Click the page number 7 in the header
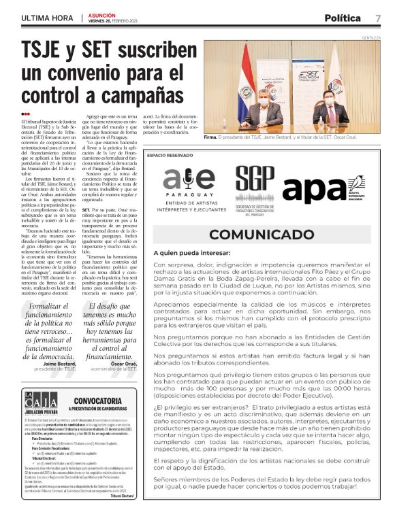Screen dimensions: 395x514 (378, 18)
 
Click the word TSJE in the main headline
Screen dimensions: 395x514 (50, 50)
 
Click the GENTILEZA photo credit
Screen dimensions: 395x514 (370, 37)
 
